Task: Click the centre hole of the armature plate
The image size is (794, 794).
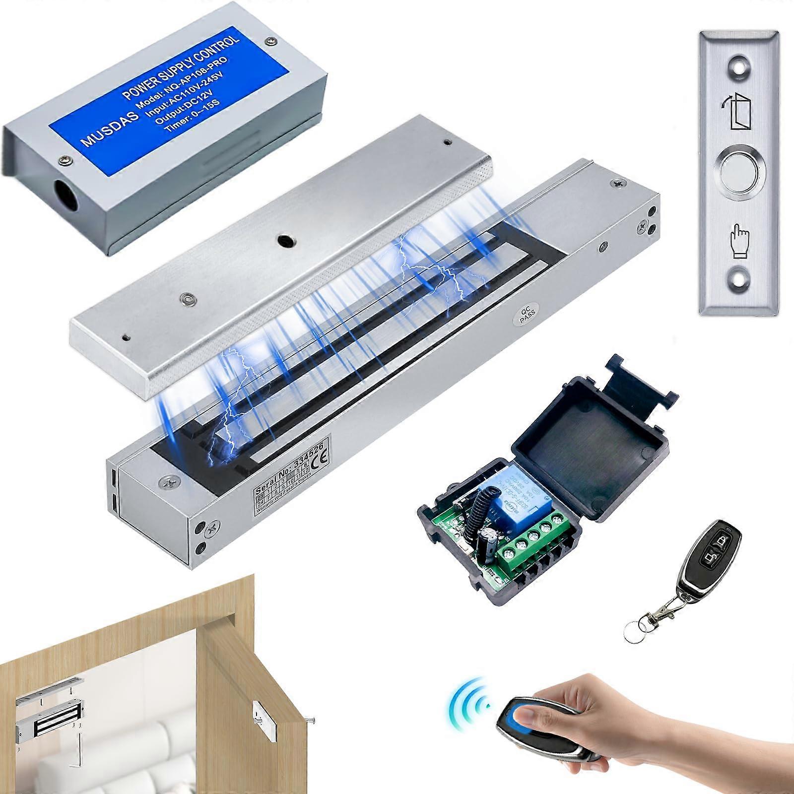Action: (284, 241)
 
